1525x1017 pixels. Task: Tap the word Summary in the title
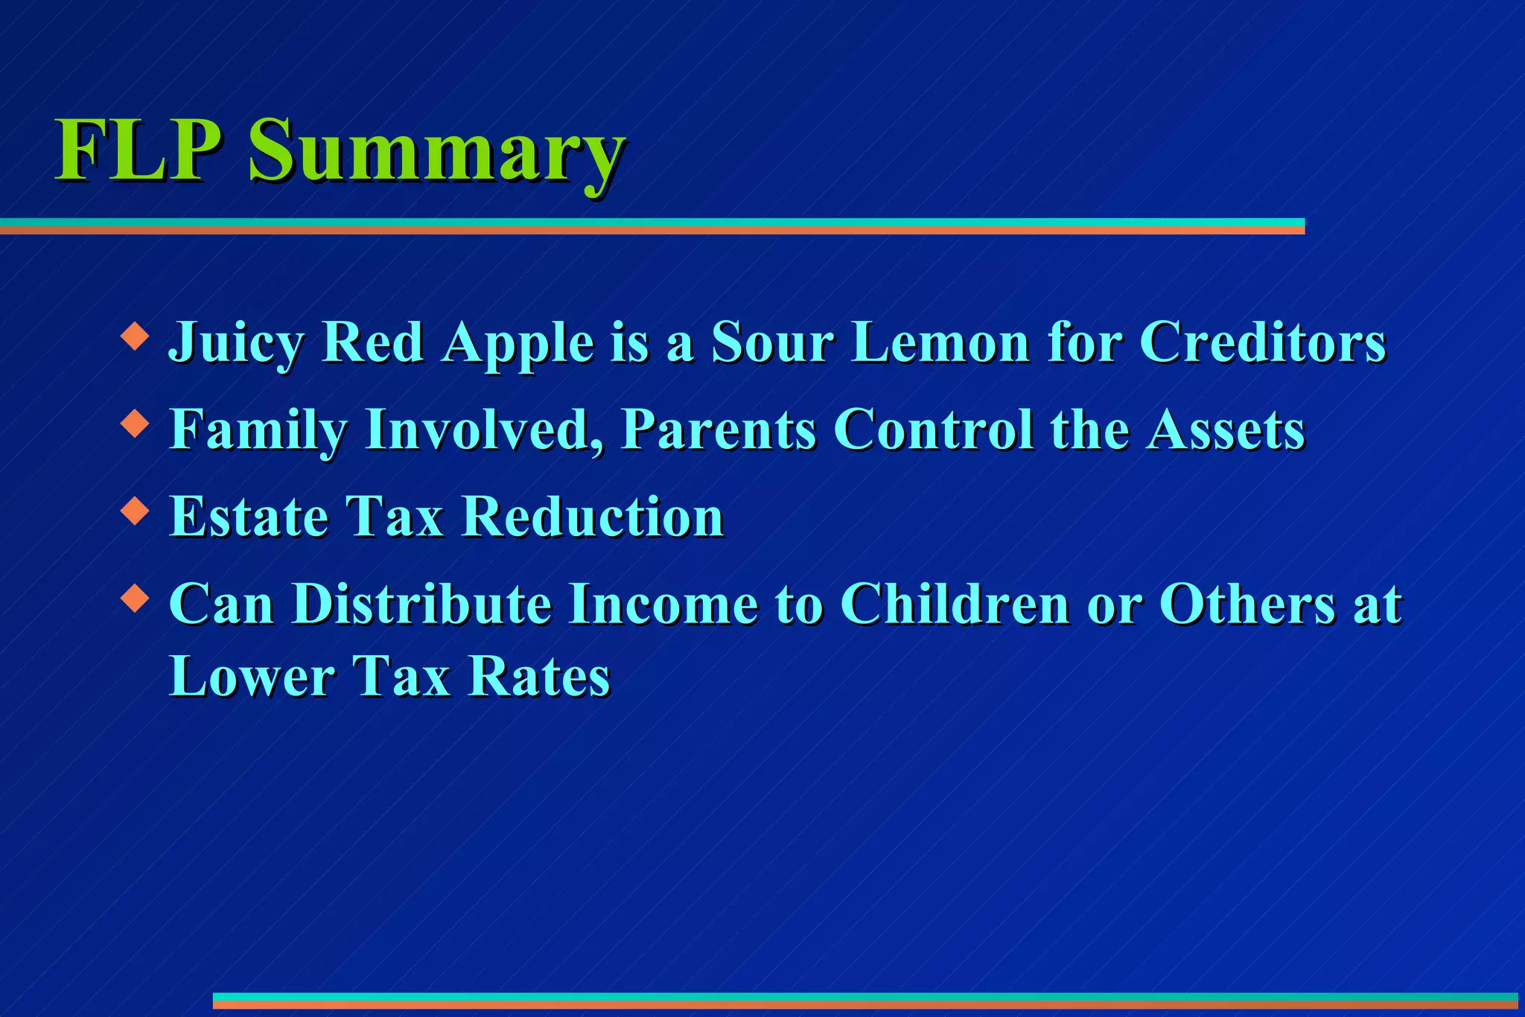[x=436, y=153]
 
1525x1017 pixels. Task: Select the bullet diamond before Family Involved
[x=135, y=423]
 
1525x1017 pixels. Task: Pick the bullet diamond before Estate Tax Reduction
[x=135, y=511]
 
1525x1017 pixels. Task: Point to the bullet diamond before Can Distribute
[x=135, y=598]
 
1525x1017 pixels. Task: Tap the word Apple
[x=518, y=344]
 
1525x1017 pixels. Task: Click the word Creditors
[x=1263, y=342]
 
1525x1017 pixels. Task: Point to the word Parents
[x=719, y=430]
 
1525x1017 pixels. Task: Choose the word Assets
[x=1226, y=430]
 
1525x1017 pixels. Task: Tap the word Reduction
[x=593, y=517]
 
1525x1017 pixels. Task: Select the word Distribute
[x=421, y=604]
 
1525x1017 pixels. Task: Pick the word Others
[x=1247, y=604]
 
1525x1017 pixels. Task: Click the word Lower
[x=252, y=677]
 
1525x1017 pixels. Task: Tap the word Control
[x=933, y=430]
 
